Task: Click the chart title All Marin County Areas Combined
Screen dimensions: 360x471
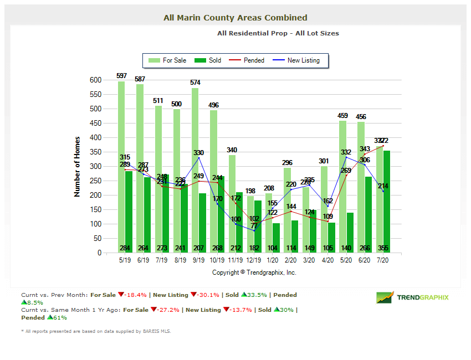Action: [x=235, y=18]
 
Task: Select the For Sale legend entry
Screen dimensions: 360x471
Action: [x=169, y=60]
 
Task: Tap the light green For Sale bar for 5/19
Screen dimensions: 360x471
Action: [x=121, y=166]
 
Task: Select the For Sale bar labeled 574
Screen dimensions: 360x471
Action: [x=195, y=166]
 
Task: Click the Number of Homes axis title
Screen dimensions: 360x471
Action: [x=77, y=166]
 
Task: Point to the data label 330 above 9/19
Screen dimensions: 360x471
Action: [x=198, y=153]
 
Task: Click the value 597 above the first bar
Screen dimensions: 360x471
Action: [x=122, y=75]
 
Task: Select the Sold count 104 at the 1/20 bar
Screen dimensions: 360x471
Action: [x=273, y=248]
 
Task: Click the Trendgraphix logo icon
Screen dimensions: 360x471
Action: [x=385, y=297]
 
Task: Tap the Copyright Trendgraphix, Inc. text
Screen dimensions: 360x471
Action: [x=254, y=272]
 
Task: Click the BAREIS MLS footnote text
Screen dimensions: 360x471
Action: [x=96, y=331]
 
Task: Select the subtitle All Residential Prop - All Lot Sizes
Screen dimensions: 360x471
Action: [x=278, y=33]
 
